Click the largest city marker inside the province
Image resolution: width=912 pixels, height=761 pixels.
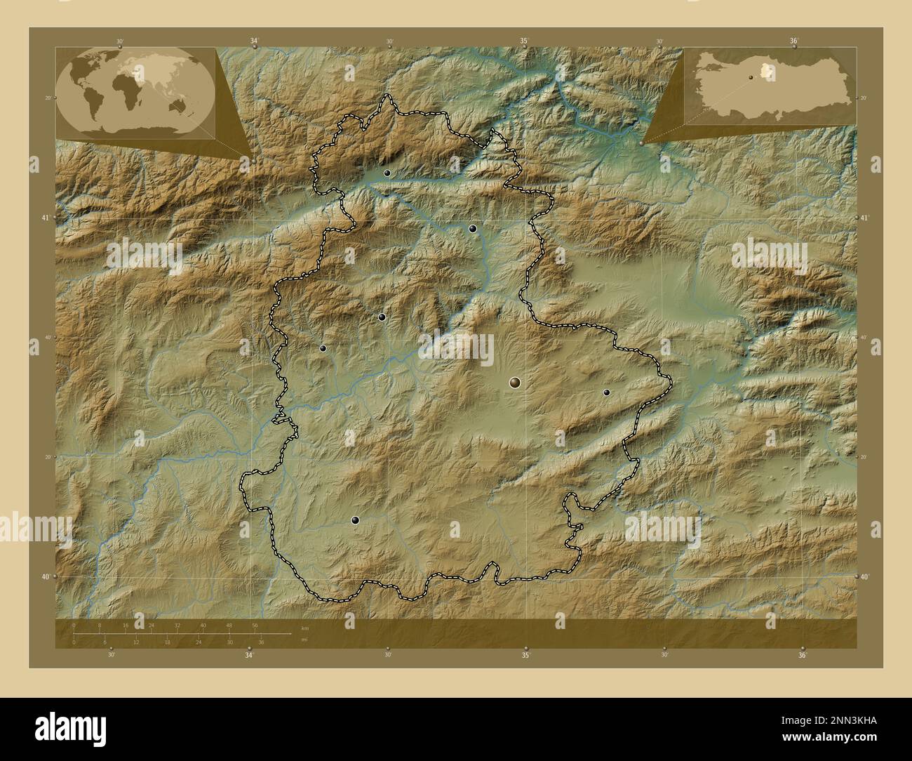click(515, 382)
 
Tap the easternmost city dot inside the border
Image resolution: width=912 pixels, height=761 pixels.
click(606, 392)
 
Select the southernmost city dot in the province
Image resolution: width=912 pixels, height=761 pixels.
click(356, 520)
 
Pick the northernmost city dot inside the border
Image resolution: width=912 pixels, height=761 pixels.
click(387, 173)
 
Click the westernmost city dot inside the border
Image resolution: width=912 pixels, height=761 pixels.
click(323, 348)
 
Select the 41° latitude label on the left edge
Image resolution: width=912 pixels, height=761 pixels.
click(45, 218)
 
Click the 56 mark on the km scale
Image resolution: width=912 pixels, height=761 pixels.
click(255, 625)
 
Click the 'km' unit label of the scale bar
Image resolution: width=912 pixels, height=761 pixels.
click(304, 628)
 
